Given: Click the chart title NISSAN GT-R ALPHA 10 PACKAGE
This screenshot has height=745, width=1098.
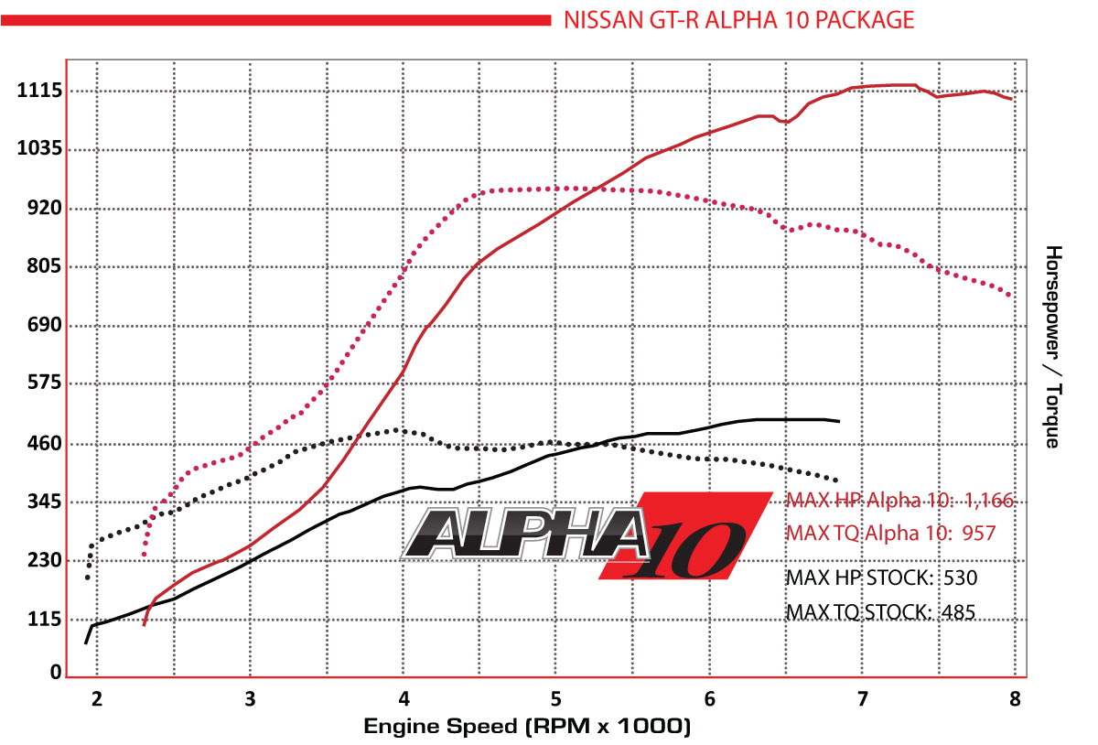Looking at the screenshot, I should [x=738, y=19].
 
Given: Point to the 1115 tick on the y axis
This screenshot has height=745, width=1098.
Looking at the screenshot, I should [x=38, y=91].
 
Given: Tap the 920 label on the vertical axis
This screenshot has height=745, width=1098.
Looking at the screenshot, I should [x=41, y=208].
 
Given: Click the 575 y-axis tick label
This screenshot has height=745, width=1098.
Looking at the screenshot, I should [x=41, y=384].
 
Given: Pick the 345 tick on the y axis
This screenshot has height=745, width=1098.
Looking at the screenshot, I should [x=41, y=502].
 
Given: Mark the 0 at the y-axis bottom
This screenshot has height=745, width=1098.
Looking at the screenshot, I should [x=56, y=673].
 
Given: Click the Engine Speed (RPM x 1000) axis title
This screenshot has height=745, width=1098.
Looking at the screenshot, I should [x=526, y=727].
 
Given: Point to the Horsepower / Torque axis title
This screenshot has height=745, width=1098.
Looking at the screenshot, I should [x=1053, y=347].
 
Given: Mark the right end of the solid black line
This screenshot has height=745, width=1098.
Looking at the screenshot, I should [x=838, y=421].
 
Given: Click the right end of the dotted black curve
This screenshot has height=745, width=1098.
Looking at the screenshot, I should [x=835, y=480].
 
